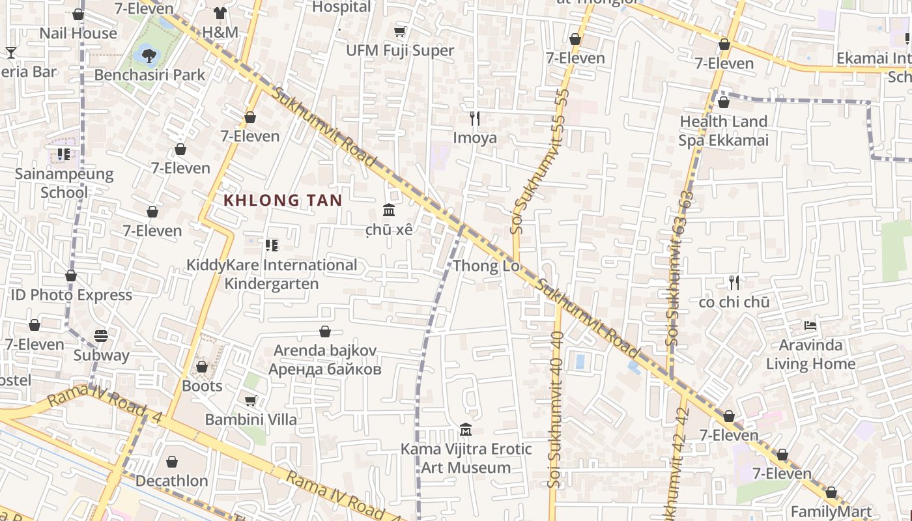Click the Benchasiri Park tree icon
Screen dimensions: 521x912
[150, 54]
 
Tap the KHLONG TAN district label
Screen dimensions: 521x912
[283, 201]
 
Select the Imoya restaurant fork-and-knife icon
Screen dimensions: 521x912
[475, 119]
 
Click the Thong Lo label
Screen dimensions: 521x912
[486, 266]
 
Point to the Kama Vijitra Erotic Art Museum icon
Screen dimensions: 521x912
[466, 430]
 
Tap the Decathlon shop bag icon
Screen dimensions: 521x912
[172, 462]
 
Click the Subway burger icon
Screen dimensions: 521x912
[101, 336]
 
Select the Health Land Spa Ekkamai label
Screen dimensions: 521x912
[724, 131]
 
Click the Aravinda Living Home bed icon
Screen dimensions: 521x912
[810, 325]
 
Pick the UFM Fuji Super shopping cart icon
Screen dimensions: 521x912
[400, 31]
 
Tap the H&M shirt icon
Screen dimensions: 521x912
[220, 13]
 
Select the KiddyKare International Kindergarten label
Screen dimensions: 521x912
[272, 274]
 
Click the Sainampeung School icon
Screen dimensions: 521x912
[64, 154]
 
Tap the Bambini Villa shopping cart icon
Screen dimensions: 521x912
[251, 401]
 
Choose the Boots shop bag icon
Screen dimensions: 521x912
[202, 367]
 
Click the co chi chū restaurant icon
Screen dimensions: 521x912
[734, 283]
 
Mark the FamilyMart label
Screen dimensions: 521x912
[831, 511]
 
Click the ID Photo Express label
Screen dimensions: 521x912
[71, 295]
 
